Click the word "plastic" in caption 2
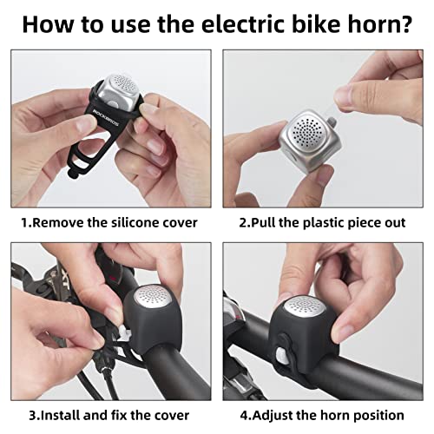point(323,222)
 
